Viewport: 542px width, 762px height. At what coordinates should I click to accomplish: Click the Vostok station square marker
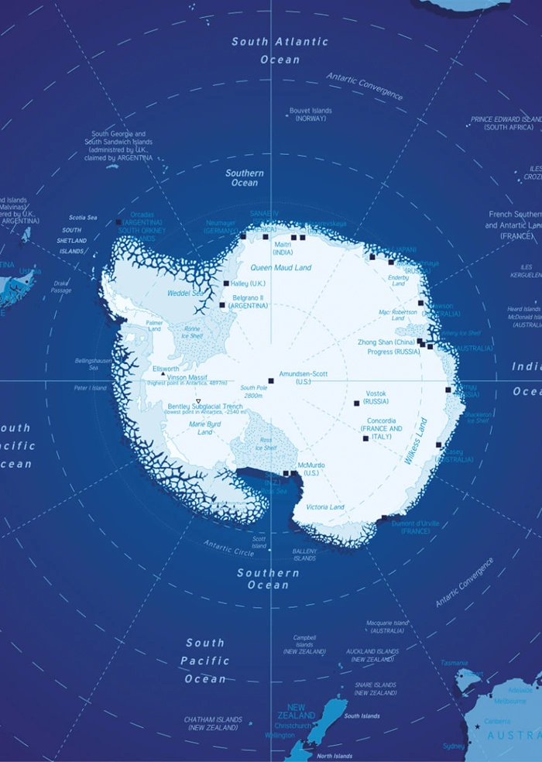[x=357, y=403]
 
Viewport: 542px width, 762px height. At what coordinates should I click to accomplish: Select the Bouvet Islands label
[x=310, y=115]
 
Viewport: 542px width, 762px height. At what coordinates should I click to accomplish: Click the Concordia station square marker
[x=365, y=438]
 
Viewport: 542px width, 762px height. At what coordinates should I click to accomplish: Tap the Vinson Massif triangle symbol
[x=163, y=375]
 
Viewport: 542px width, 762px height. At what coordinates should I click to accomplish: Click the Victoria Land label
[x=325, y=507]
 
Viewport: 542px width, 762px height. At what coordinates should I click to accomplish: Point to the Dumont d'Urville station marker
[x=384, y=518]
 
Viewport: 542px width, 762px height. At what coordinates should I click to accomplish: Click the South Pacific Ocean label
[x=205, y=661]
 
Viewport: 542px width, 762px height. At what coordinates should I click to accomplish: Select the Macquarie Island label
[x=387, y=626]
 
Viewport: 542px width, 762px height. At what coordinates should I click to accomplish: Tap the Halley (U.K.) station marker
[x=226, y=283]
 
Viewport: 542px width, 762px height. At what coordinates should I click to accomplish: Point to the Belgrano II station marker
[x=222, y=305]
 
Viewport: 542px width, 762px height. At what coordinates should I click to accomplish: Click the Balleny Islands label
[x=304, y=554]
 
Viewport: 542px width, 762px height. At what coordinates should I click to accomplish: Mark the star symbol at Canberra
[x=477, y=726]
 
